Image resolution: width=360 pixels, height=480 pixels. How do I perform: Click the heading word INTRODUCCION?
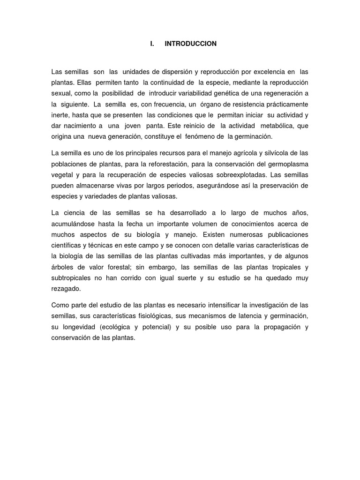click(x=191, y=44)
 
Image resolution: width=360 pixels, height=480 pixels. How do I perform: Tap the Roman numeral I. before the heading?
click(x=152, y=44)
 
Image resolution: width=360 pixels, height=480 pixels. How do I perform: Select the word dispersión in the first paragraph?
click(x=173, y=71)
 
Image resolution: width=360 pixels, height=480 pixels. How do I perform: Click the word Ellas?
click(x=84, y=82)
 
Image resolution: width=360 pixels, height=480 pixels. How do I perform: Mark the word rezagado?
click(x=66, y=289)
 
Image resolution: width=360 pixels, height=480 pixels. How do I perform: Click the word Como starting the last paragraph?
click(x=60, y=306)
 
